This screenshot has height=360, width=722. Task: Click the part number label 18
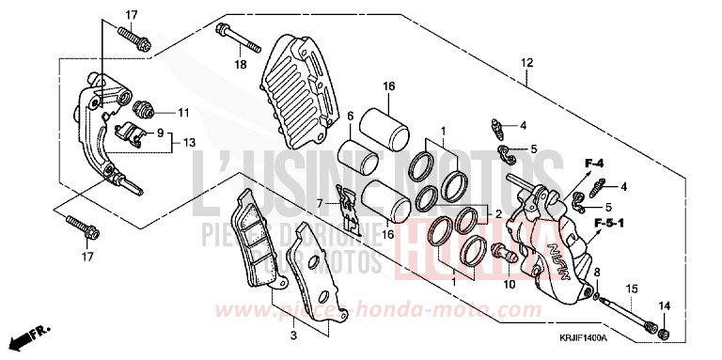(x=240, y=65)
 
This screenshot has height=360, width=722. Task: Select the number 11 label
(x=183, y=113)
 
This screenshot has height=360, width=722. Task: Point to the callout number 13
(x=189, y=143)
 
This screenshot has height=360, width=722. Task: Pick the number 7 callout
(x=319, y=203)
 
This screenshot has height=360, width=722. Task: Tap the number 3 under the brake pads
(x=292, y=334)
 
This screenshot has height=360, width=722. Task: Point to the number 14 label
(x=666, y=306)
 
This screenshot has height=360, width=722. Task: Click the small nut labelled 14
(x=665, y=335)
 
